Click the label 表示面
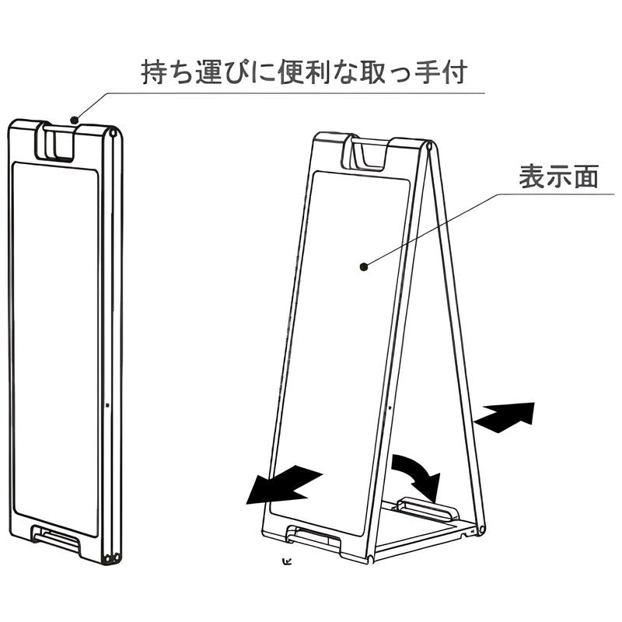559,177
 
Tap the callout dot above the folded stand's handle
74,120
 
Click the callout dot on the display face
363,267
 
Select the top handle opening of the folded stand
59,144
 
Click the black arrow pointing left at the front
281,485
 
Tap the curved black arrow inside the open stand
416,475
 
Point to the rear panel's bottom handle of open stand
427,508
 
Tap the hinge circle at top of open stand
429,145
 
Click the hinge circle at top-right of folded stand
116,133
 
